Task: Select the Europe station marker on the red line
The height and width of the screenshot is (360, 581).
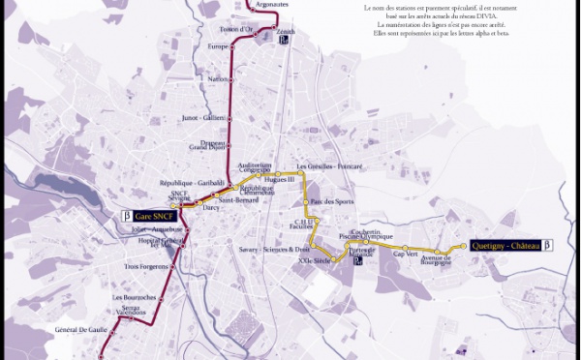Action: click(x=230, y=46)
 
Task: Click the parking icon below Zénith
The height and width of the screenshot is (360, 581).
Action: click(x=283, y=41)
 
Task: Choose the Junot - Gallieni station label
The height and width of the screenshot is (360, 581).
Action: click(x=203, y=118)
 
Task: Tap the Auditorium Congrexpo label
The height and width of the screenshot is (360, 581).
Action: click(x=255, y=166)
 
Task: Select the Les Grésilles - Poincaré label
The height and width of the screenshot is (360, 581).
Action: click(x=329, y=166)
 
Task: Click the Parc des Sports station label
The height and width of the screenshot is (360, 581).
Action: click(x=331, y=201)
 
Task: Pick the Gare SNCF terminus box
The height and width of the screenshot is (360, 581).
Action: click(x=154, y=216)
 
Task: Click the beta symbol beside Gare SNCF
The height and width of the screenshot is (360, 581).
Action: click(x=126, y=216)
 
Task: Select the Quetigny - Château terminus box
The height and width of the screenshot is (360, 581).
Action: click(x=505, y=245)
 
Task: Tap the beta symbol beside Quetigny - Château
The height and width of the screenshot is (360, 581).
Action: click(x=547, y=245)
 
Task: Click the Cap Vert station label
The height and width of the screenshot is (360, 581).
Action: click(x=405, y=254)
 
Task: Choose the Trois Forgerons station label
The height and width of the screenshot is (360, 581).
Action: click(x=146, y=266)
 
